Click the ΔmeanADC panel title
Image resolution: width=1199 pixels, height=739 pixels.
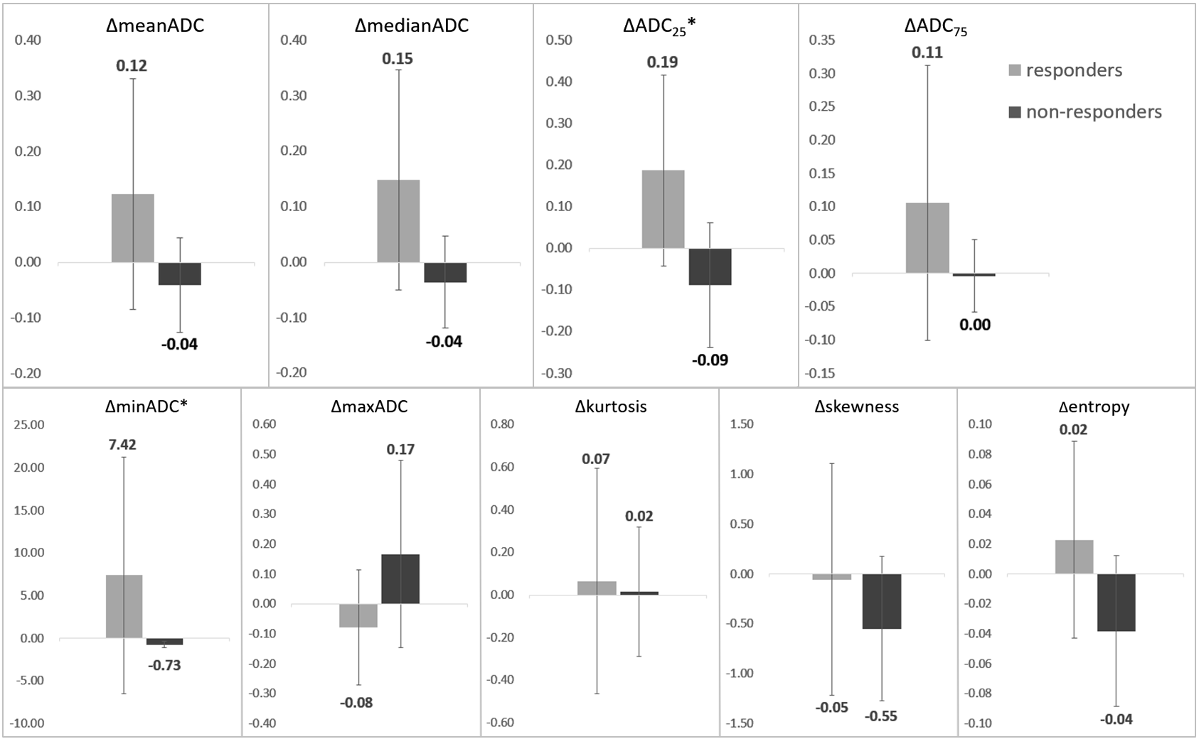(x=154, y=26)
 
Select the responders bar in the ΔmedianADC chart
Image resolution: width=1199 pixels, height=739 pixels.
(x=398, y=221)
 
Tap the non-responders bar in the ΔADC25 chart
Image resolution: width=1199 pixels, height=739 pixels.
(x=710, y=266)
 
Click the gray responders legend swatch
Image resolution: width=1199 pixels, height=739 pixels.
(x=1016, y=70)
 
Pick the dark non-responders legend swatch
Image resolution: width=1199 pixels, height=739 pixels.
(x=1016, y=112)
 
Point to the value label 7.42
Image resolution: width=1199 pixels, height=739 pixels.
(x=123, y=445)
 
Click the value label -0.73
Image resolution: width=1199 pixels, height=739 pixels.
(x=164, y=665)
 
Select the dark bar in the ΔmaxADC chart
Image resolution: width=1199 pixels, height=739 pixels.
(x=400, y=578)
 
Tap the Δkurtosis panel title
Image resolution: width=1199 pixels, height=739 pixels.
(x=611, y=407)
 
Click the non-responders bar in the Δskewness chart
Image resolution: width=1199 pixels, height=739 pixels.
(x=882, y=601)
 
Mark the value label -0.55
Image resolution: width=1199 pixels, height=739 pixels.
(x=881, y=716)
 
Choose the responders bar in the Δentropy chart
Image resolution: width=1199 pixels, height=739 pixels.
(x=1074, y=556)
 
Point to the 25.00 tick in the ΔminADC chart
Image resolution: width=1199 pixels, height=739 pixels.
(x=29, y=425)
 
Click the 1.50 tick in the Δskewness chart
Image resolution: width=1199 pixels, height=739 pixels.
(x=742, y=424)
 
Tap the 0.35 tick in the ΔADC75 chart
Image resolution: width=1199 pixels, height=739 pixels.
(x=822, y=40)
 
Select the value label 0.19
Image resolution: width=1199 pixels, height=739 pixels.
(x=662, y=63)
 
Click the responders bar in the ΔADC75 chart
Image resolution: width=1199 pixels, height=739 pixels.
(x=927, y=238)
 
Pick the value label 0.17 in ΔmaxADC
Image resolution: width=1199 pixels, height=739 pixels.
(x=400, y=449)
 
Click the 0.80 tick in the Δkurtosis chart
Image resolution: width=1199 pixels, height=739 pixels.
(x=502, y=424)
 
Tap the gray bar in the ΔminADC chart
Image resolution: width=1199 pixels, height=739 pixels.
(x=124, y=606)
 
